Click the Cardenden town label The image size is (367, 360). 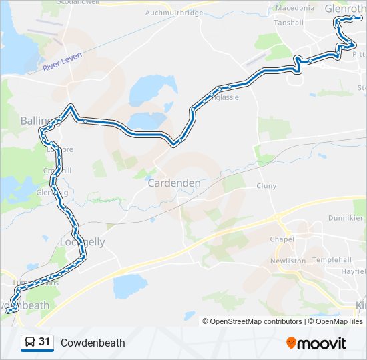click(173, 183)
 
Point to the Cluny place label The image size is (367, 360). click(266, 187)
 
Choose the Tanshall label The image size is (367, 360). click(288, 22)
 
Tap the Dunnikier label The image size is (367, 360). click(346, 218)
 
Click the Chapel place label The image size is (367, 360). click(282, 239)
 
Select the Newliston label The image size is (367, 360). click(288, 261)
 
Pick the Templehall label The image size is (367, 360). click(331, 259)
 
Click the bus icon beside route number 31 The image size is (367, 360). click(29, 343)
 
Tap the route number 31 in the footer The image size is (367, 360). click(45, 342)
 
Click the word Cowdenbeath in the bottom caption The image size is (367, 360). click(93, 343)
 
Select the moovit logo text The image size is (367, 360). click(322, 343)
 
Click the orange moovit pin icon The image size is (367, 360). click(291, 343)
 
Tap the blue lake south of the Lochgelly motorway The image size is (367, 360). click(130, 286)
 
